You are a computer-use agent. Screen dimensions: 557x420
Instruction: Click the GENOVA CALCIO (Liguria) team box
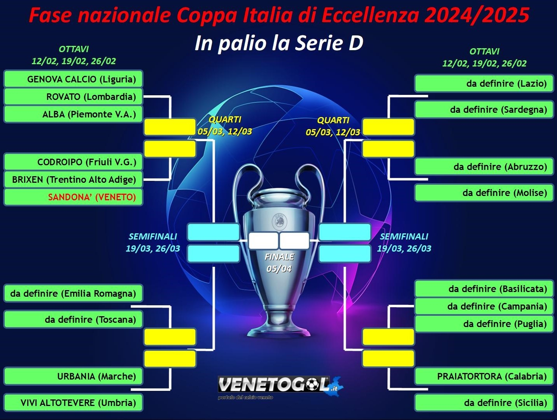(x=74, y=79)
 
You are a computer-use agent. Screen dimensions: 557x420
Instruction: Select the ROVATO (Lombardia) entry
(x=74, y=96)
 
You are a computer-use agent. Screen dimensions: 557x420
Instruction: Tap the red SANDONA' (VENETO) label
(x=92, y=197)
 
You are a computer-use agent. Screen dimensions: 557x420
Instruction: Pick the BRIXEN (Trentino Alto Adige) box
(x=74, y=180)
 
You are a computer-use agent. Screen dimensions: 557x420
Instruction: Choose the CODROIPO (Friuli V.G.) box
(x=74, y=162)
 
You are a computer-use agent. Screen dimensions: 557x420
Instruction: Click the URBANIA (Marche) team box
(x=74, y=376)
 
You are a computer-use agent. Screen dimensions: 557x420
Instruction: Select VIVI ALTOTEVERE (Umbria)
(x=74, y=402)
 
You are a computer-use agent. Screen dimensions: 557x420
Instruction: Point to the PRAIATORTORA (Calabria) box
(x=484, y=376)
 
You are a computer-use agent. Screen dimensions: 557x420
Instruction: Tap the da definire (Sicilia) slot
(x=484, y=402)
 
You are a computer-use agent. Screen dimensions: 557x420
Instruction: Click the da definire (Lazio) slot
(x=484, y=83)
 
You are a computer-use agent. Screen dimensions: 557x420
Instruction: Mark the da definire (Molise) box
(x=484, y=193)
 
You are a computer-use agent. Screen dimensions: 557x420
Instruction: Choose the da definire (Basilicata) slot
(x=484, y=289)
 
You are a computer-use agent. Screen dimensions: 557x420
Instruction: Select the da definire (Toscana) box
(x=74, y=319)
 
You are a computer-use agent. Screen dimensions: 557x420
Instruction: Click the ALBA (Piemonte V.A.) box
(x=74, y=114)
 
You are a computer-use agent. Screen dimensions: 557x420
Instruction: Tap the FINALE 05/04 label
(x=279, y=263)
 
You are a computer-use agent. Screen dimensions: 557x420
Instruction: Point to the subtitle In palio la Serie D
(x=279, y=43)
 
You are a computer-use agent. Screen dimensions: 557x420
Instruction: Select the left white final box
(x=263, y=241)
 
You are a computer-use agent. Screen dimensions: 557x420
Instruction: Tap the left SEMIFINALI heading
(x=153, y=236)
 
